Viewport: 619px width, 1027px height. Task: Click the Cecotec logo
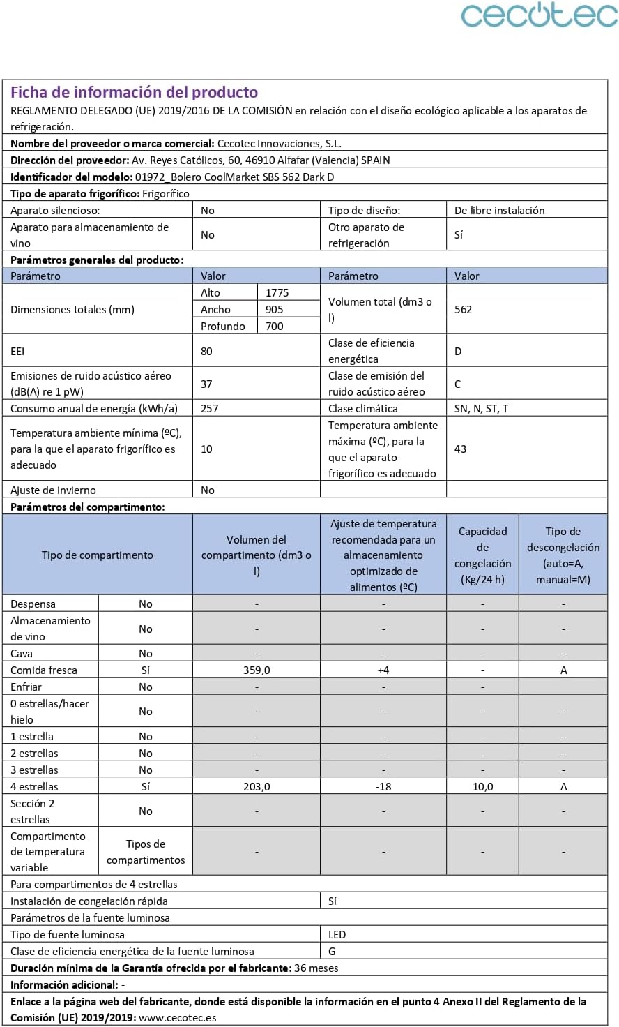tap(538, 15)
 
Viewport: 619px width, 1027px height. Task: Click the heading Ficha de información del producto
tap(134, 92)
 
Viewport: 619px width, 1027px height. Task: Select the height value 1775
tap(277, 293)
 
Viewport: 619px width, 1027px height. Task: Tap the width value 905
tap(274, 310)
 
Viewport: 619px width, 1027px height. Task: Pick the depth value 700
tap(274, 327)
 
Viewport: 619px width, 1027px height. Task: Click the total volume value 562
tap(463, 310)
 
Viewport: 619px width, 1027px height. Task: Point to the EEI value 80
tap(206, 352)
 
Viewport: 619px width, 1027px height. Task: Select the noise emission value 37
tap(206, 384)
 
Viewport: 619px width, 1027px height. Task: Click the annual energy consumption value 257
tap(209, 409)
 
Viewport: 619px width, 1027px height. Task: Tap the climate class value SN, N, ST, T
tap(481, 409)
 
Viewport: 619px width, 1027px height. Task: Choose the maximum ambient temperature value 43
tap(460, 449)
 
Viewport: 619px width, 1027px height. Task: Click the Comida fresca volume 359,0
tap(257, 670)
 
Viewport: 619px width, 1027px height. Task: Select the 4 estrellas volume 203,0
tap(257, 787)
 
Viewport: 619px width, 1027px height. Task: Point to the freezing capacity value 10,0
tap(482, 787)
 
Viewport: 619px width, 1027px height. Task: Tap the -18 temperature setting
tap(383, 787)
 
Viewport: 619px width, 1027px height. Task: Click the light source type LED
tap(337, 935)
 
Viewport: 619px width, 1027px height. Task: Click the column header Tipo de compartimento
tap(98, 555)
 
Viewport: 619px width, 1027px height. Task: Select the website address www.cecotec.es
tap(177, 1018)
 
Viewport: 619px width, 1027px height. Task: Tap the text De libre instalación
tap(499, 211)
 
